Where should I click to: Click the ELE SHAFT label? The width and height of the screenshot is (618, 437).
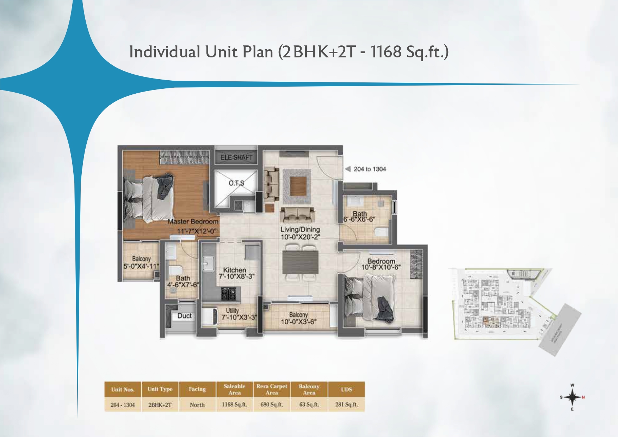point(236,157)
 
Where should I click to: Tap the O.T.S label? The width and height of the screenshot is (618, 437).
point(236,183)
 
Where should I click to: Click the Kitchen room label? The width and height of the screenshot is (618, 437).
point(234,270)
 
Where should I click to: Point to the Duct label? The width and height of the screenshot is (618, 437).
point(184,316)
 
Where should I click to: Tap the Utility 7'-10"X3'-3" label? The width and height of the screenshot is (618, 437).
point(239,314)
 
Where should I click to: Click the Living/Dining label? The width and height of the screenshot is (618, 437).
point(300,230)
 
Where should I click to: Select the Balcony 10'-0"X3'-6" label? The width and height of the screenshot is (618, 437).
point(298,318)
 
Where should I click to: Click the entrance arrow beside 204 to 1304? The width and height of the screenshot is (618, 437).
point(348,169)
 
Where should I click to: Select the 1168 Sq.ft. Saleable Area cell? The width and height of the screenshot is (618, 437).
point(234,405)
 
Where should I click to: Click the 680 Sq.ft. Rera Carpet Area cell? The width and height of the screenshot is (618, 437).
point(272,405)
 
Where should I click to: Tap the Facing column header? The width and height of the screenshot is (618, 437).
point(197,389)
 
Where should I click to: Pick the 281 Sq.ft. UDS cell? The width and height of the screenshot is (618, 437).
point(346,405)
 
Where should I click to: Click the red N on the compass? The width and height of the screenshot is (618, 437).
point(583,398)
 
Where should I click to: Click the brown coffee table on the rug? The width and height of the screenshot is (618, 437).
point(298,186)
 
